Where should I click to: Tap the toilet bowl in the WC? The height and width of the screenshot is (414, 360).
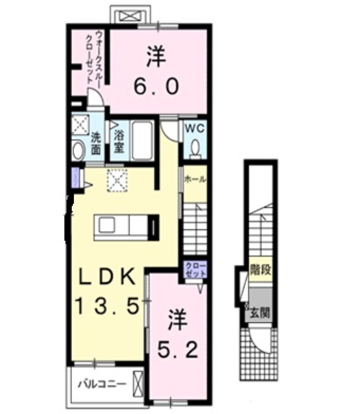click(x=195, y=147)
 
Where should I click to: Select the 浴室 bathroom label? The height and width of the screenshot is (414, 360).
click(x=119, y=141)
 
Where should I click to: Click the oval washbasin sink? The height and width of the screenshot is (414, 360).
click(x=79, y=151)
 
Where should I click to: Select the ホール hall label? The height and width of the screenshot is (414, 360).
click(x=195, y=180)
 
